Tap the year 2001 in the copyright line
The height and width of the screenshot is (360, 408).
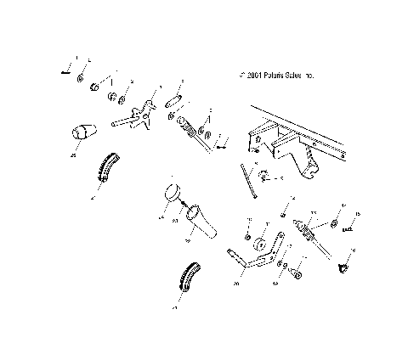click(253, 76)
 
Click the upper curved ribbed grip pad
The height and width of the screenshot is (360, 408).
click(106, 168)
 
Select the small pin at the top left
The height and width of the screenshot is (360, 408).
click(66, 71)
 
